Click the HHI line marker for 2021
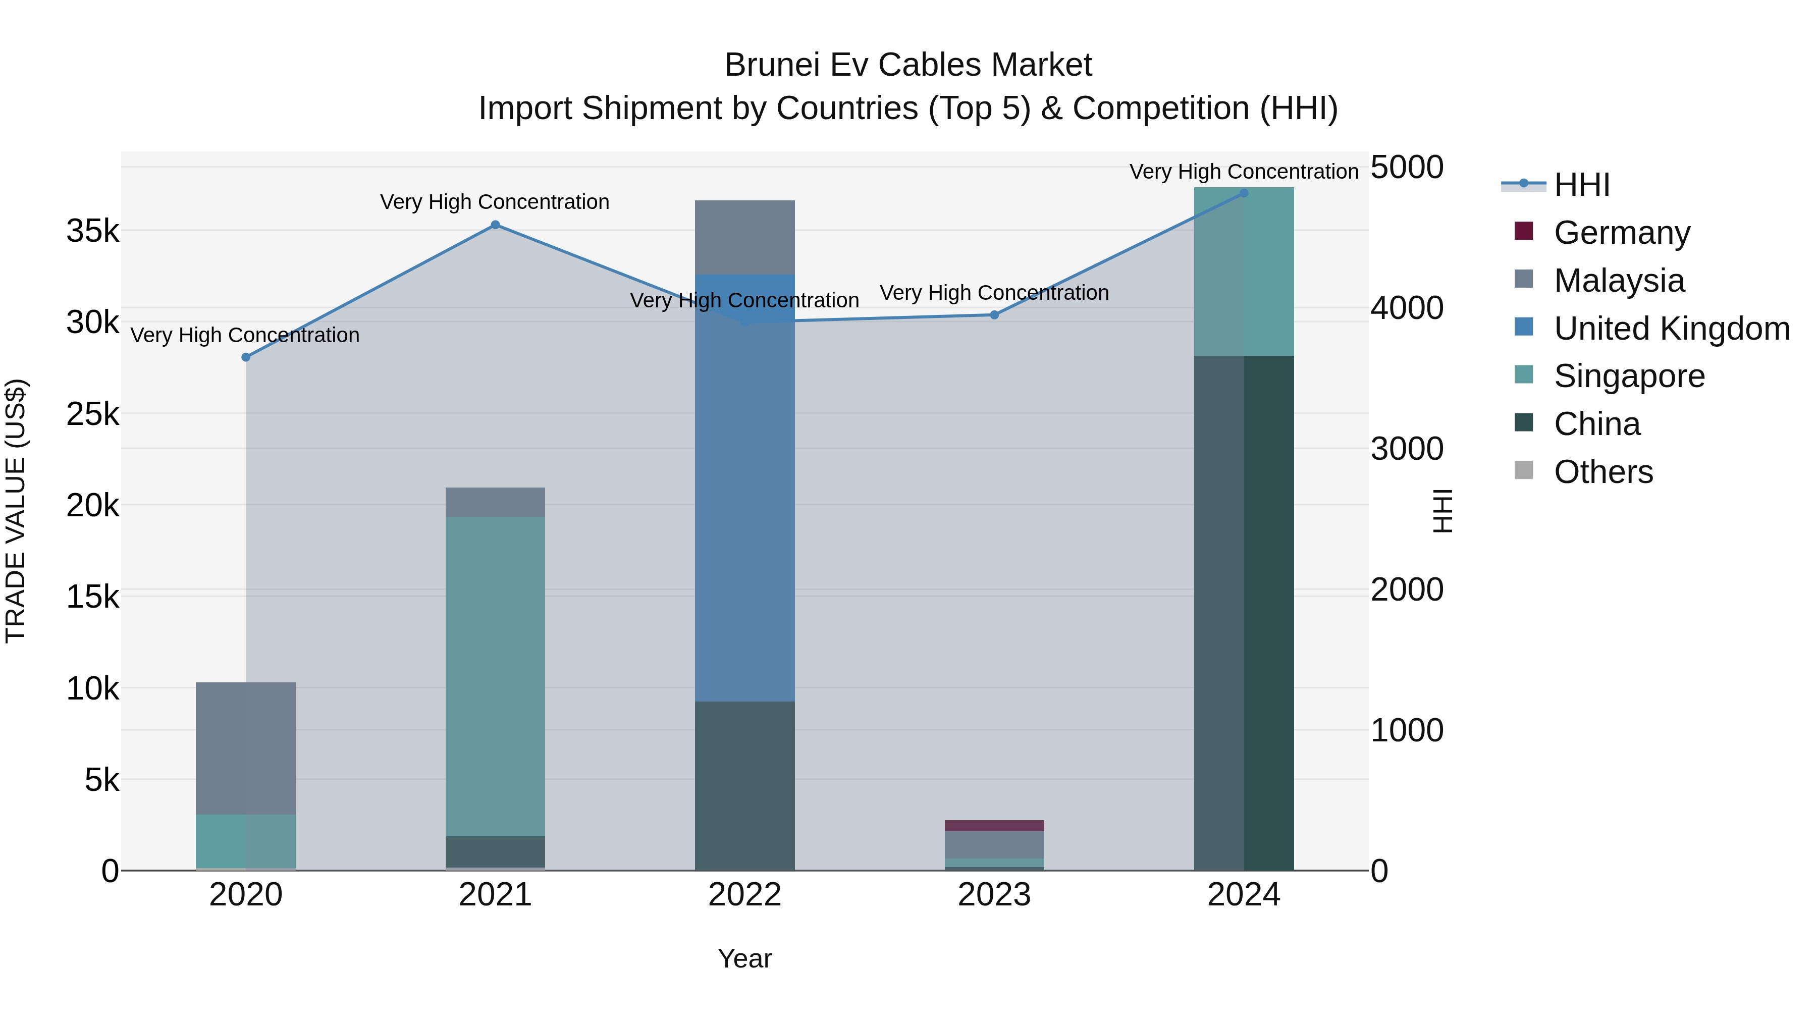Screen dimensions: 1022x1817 [x=495, y=225]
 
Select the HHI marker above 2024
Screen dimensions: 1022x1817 [x=1244, y=193]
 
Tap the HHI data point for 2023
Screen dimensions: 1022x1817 [x=994, y=315]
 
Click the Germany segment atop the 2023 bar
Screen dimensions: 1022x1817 [x=994, y=825]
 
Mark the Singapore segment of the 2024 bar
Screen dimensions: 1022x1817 [x=1244, y=272]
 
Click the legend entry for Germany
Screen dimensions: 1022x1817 [x=1622, y=233]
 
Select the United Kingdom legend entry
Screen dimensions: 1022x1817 [x=1671, y=329]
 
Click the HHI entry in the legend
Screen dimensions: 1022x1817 [x=1581, y=185]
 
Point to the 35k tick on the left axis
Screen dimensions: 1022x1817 [x=93, y=231]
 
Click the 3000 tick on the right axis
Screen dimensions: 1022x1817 [x=1407, y=449]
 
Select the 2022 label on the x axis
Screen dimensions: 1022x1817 [x=745, y=895]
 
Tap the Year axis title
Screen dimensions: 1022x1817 [x=745, y=958]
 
